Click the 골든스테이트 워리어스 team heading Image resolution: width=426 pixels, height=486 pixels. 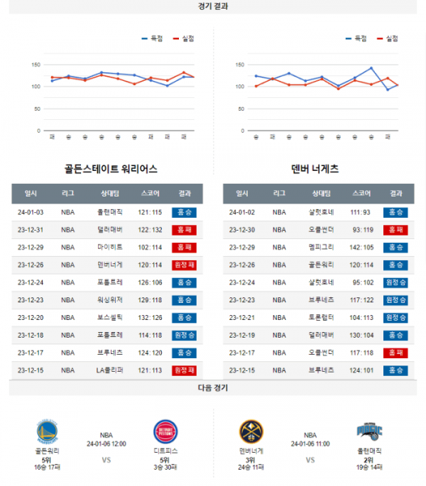pos(110,170)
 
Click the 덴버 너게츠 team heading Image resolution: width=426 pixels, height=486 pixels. pos(315,170)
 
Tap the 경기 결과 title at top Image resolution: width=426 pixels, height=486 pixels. pos(213,6)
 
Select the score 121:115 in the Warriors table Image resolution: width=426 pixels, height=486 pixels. pos(150,212)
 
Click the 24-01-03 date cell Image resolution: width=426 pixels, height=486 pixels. pos(31,212)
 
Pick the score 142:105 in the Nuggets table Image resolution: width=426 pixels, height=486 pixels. pos(361,247)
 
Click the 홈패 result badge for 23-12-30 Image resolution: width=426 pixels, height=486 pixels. pos(395,230)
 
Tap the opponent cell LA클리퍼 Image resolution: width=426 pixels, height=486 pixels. pos(110,370)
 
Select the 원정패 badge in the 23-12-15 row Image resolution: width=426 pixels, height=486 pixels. pos(184,370)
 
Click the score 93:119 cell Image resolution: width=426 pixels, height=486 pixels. pos(361,230)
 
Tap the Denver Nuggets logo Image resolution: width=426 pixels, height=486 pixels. pos(251,431)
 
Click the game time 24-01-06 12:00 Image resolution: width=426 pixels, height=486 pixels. pos(106,443)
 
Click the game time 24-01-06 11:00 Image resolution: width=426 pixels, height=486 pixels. pos(310,443)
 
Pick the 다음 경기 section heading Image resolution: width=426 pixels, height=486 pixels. pos(213,389)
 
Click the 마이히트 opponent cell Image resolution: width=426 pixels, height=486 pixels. pos(110,247)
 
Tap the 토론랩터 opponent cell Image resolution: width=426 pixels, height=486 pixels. pos(322,317)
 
